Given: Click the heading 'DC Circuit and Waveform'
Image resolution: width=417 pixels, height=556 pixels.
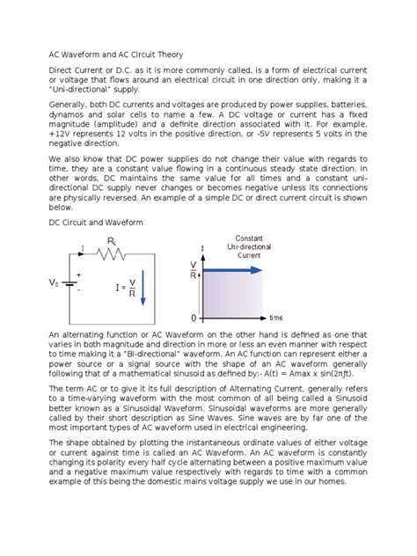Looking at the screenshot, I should (94, 223).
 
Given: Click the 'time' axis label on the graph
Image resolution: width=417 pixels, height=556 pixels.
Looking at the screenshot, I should (275, 318).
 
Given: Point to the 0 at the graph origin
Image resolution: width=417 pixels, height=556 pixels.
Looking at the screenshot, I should (194, 317).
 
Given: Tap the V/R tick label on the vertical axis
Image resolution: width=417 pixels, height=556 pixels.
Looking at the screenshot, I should (194, 269).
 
